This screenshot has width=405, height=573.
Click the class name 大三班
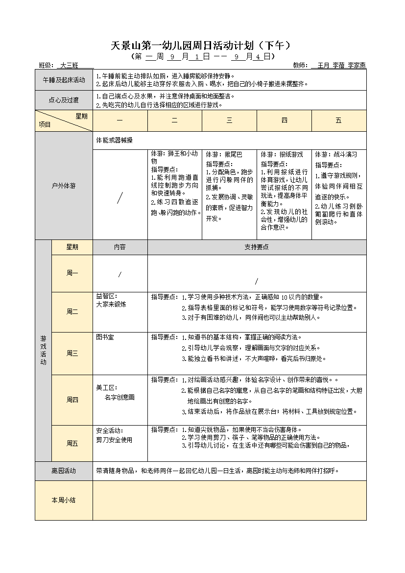tap(69, 65)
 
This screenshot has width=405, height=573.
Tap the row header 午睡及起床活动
tap(64, 80)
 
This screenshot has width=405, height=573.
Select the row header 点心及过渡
tap(64, 100)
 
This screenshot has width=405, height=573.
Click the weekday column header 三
tap(229, 120)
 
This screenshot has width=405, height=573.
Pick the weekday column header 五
tap(338, 120)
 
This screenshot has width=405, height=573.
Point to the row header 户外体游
tap(64, 186)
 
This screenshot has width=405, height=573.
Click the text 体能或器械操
tap(114, 141)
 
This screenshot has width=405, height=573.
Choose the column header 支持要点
tap(257, 247)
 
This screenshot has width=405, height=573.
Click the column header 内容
tap(120, 247)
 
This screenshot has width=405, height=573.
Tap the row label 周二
tap(72, 311)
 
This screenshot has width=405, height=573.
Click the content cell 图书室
tap(105, 337)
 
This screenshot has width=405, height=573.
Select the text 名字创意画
tap(119, 397)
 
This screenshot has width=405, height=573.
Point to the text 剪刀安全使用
tap(114, 440)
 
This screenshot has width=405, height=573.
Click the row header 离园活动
tap(64, 471)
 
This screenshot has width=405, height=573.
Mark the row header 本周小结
tap(64, 500)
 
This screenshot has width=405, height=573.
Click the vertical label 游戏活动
tap(43, 350)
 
